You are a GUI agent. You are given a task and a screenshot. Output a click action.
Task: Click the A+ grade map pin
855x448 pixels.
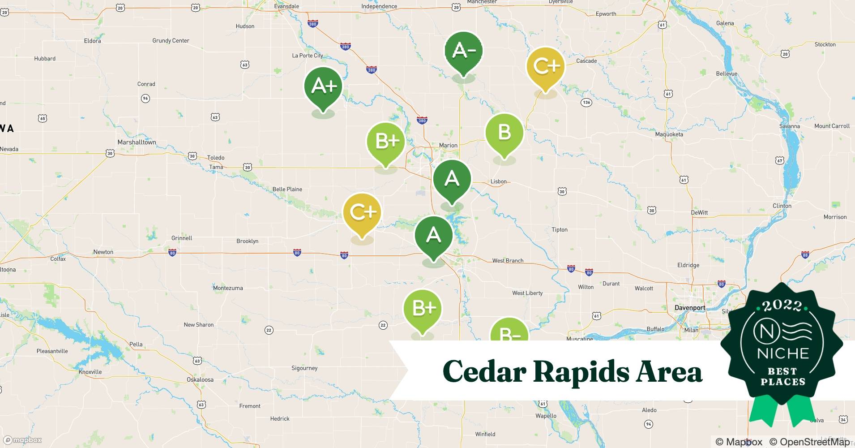(x=323, y=87)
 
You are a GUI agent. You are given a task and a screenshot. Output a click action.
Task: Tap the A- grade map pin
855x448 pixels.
(x=463, y=52)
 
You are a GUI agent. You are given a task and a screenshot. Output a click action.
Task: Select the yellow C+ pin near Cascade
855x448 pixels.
(x=545, y=67)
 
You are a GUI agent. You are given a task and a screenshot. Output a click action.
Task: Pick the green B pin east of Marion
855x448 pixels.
(x=504, y=133)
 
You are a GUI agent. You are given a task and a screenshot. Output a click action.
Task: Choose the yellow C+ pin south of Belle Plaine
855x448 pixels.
(x=362, y=213)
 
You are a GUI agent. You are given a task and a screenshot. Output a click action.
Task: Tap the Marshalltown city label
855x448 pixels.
(x=137, y=142)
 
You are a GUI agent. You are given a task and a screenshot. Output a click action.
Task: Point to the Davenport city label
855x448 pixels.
(x=690, y=308)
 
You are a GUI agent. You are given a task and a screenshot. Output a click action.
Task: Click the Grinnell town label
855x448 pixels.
(x=182, y=238)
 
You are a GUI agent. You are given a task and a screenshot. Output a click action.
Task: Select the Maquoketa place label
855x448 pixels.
(x=669, y=134)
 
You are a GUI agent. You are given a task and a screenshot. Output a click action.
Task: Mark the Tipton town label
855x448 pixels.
(x=559, y=230)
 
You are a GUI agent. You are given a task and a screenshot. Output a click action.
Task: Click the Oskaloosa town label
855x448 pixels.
(x=200, y=379)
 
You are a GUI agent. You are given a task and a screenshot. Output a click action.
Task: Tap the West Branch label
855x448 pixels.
(x=508, y=260)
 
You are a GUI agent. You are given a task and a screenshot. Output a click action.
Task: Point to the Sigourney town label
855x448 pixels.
(x=304, y=368)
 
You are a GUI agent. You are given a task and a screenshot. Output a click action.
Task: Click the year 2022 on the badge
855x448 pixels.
(x=782, y=306)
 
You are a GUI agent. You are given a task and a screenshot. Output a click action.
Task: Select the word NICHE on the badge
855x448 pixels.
(x=783, y=353)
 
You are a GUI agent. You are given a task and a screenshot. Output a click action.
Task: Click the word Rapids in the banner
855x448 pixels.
(x=581, y=371)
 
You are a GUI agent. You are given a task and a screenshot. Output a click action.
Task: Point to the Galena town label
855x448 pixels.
(x=725, y=23)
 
